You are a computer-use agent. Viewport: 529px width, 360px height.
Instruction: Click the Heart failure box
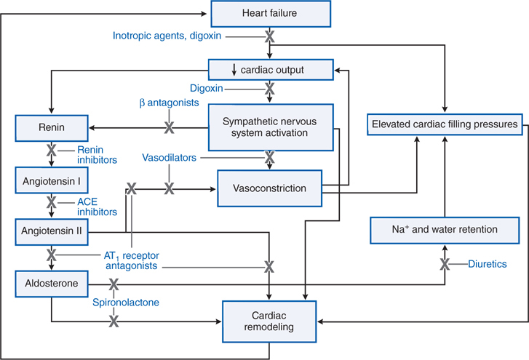coord(270,13)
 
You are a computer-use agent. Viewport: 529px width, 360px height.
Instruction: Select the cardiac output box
coord(270,70)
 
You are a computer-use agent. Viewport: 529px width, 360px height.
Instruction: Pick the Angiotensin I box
coord(51,179)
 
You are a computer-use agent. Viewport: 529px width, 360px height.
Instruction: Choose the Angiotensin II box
coord(51,230)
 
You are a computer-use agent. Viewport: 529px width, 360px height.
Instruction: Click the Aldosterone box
coord(51,281)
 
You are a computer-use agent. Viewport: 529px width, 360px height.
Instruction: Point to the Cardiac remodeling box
coord(270,320)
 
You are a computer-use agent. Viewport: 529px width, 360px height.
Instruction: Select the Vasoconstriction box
coord(270,188)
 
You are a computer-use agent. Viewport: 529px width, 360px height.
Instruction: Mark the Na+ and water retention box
coord(443,230)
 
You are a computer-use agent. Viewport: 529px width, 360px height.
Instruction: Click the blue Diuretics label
coord(487,264)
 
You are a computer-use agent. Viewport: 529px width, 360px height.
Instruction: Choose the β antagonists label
coord(169,104)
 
